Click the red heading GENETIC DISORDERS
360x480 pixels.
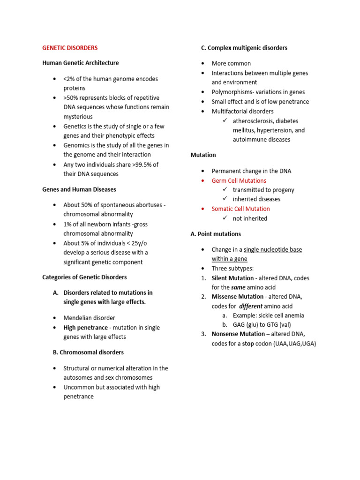pyautogui.click(x=70, y=48)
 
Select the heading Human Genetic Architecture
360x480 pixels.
pyautogui.click(x=80, y=63)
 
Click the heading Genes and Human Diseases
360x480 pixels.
pyautogui.click(x=79, y=189)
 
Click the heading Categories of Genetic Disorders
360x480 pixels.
pyautogui.click(x=84, y=277)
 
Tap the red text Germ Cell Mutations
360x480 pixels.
pyautogui.click(x=239, y=180)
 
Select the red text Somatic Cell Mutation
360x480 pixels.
pyautogui.click(x=240, y=209)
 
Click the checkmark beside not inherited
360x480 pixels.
pyautogui.click(x=225, y=218)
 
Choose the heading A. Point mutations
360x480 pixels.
pyautogui.click(x=216, y=233)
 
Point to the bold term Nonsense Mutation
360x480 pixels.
pyautogui.click(x=239, y=334)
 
